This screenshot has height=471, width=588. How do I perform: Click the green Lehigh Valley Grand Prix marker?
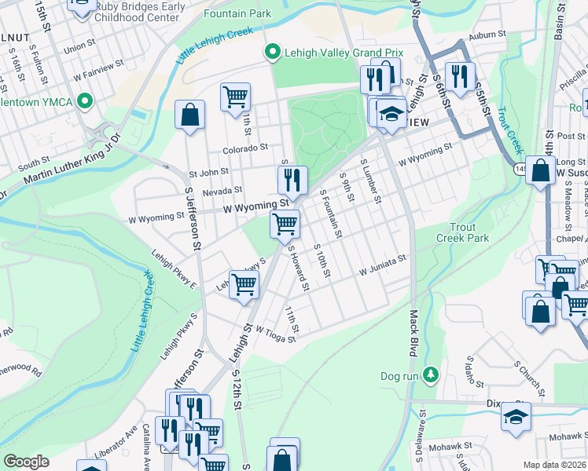(x=273, y=53)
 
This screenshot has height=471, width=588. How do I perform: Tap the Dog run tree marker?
(x=430, y=375)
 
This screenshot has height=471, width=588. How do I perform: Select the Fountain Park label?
(x=237, y=13)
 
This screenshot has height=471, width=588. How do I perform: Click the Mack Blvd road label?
(x=412, y=333)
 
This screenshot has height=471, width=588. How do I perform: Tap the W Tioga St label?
(x=274, y=335)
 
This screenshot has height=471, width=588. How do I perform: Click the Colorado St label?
(x=245, y=146)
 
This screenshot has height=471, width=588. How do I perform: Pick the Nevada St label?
(x=222, y=191)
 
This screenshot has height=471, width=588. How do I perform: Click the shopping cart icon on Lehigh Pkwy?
(x=244, y=284)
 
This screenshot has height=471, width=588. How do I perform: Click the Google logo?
(x=26, y=461)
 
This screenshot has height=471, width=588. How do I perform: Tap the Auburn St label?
(x=484, y=36)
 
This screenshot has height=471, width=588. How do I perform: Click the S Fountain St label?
(x=331, y=214)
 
